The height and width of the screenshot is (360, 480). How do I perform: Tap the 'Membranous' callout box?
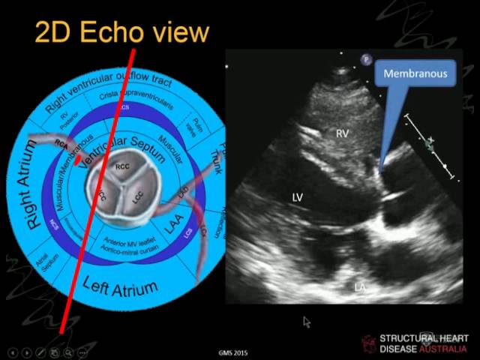[415, 73]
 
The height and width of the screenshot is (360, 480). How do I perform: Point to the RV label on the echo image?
[342, 133]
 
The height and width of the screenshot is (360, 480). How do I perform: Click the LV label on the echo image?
[298, 196]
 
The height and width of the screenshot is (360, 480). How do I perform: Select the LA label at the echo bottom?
[361, 287]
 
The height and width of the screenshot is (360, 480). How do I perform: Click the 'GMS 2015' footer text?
[232, 352]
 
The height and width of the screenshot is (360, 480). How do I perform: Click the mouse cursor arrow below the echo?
[306, 321]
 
